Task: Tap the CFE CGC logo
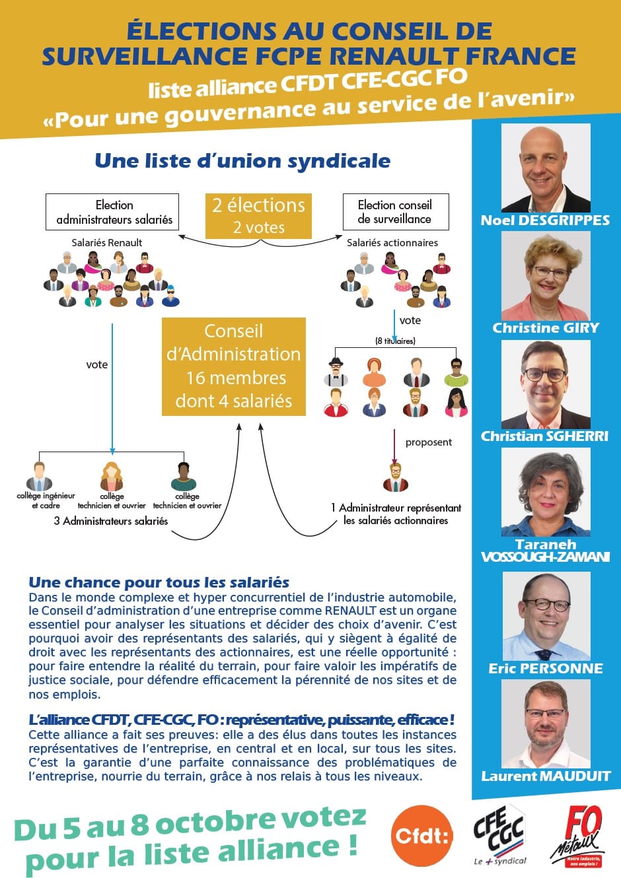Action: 499,834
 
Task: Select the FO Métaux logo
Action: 577,836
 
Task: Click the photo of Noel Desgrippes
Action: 546,168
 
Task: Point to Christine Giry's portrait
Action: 546,277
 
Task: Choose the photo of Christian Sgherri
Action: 546,385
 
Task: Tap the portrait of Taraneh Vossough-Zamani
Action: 546,492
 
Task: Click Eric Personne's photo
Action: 546,617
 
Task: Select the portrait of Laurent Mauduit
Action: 546,725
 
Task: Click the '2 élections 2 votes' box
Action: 258,216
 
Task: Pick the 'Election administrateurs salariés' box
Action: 112,212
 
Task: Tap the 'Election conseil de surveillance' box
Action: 395,212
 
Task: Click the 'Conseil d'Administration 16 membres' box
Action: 234,366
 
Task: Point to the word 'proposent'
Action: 429,442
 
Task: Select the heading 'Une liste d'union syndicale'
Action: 242,160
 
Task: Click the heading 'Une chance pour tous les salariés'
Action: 159,582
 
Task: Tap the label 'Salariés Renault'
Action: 107,242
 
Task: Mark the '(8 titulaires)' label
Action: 395,341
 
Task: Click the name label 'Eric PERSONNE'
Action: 546,668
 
